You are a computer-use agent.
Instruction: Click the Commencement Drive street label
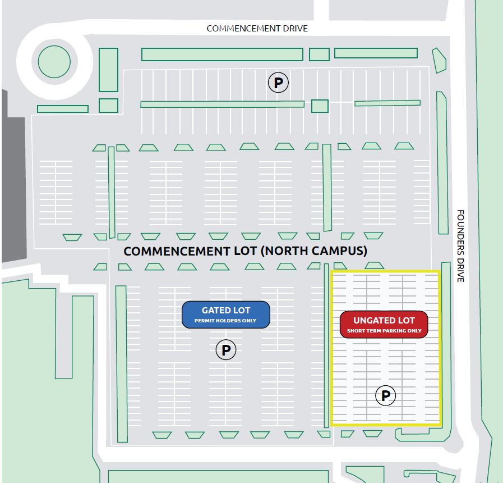pyautogui.click(x=257, y=29)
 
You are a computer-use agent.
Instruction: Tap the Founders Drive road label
pyautogui.click(x=460, y=246)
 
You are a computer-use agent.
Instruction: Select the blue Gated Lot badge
pyautogui.click(x=226, y=315)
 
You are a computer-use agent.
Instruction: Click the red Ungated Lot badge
pyautogui.click(x=384, y=325)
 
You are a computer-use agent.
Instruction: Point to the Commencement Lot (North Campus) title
pyautogui.click(x=246, y=251)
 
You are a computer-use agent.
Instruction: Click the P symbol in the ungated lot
pyautogui.click(x=386, y=395)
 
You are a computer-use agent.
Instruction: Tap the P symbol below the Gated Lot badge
pyautogui.click(x=226, y=350)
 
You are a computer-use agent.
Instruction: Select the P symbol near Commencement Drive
pyautogui.click(x=278, y=83)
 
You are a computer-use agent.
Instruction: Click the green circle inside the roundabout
pyautogui.click(x=54, y=62)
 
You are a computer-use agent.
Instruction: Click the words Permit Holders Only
pyautogui.click(x=225, y=321)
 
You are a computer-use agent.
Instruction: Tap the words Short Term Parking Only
pyautogui.click(x=384, y=331)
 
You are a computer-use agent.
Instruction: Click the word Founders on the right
pyautogui.click(x=460, y=231)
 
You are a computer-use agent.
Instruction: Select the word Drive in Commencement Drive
pyautogui.click(x=295, y=29)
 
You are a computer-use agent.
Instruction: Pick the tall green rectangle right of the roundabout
pyautogui.click(x=108, y=70)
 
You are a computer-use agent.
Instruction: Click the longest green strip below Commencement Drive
pyautogui.click(x=222, y=54)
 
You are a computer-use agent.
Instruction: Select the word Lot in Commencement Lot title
pyautogui.click(x=246, y=251)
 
